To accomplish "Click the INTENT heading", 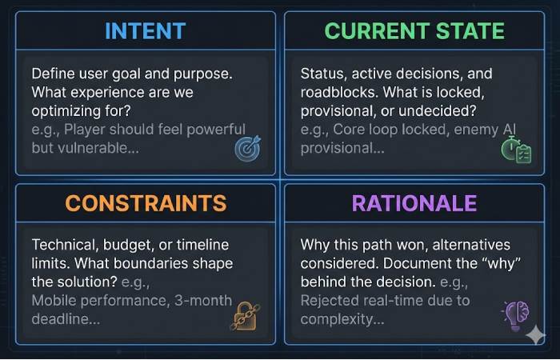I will tap(145, 31).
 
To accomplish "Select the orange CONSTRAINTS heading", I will tap(145, 202).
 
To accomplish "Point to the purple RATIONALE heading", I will tap(414, 202).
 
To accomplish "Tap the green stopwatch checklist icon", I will tap(515, 149).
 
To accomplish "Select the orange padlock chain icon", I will tap(243, 314).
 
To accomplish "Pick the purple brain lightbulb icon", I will tap(514, 314).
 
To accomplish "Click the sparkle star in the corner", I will tap(535, 337).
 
